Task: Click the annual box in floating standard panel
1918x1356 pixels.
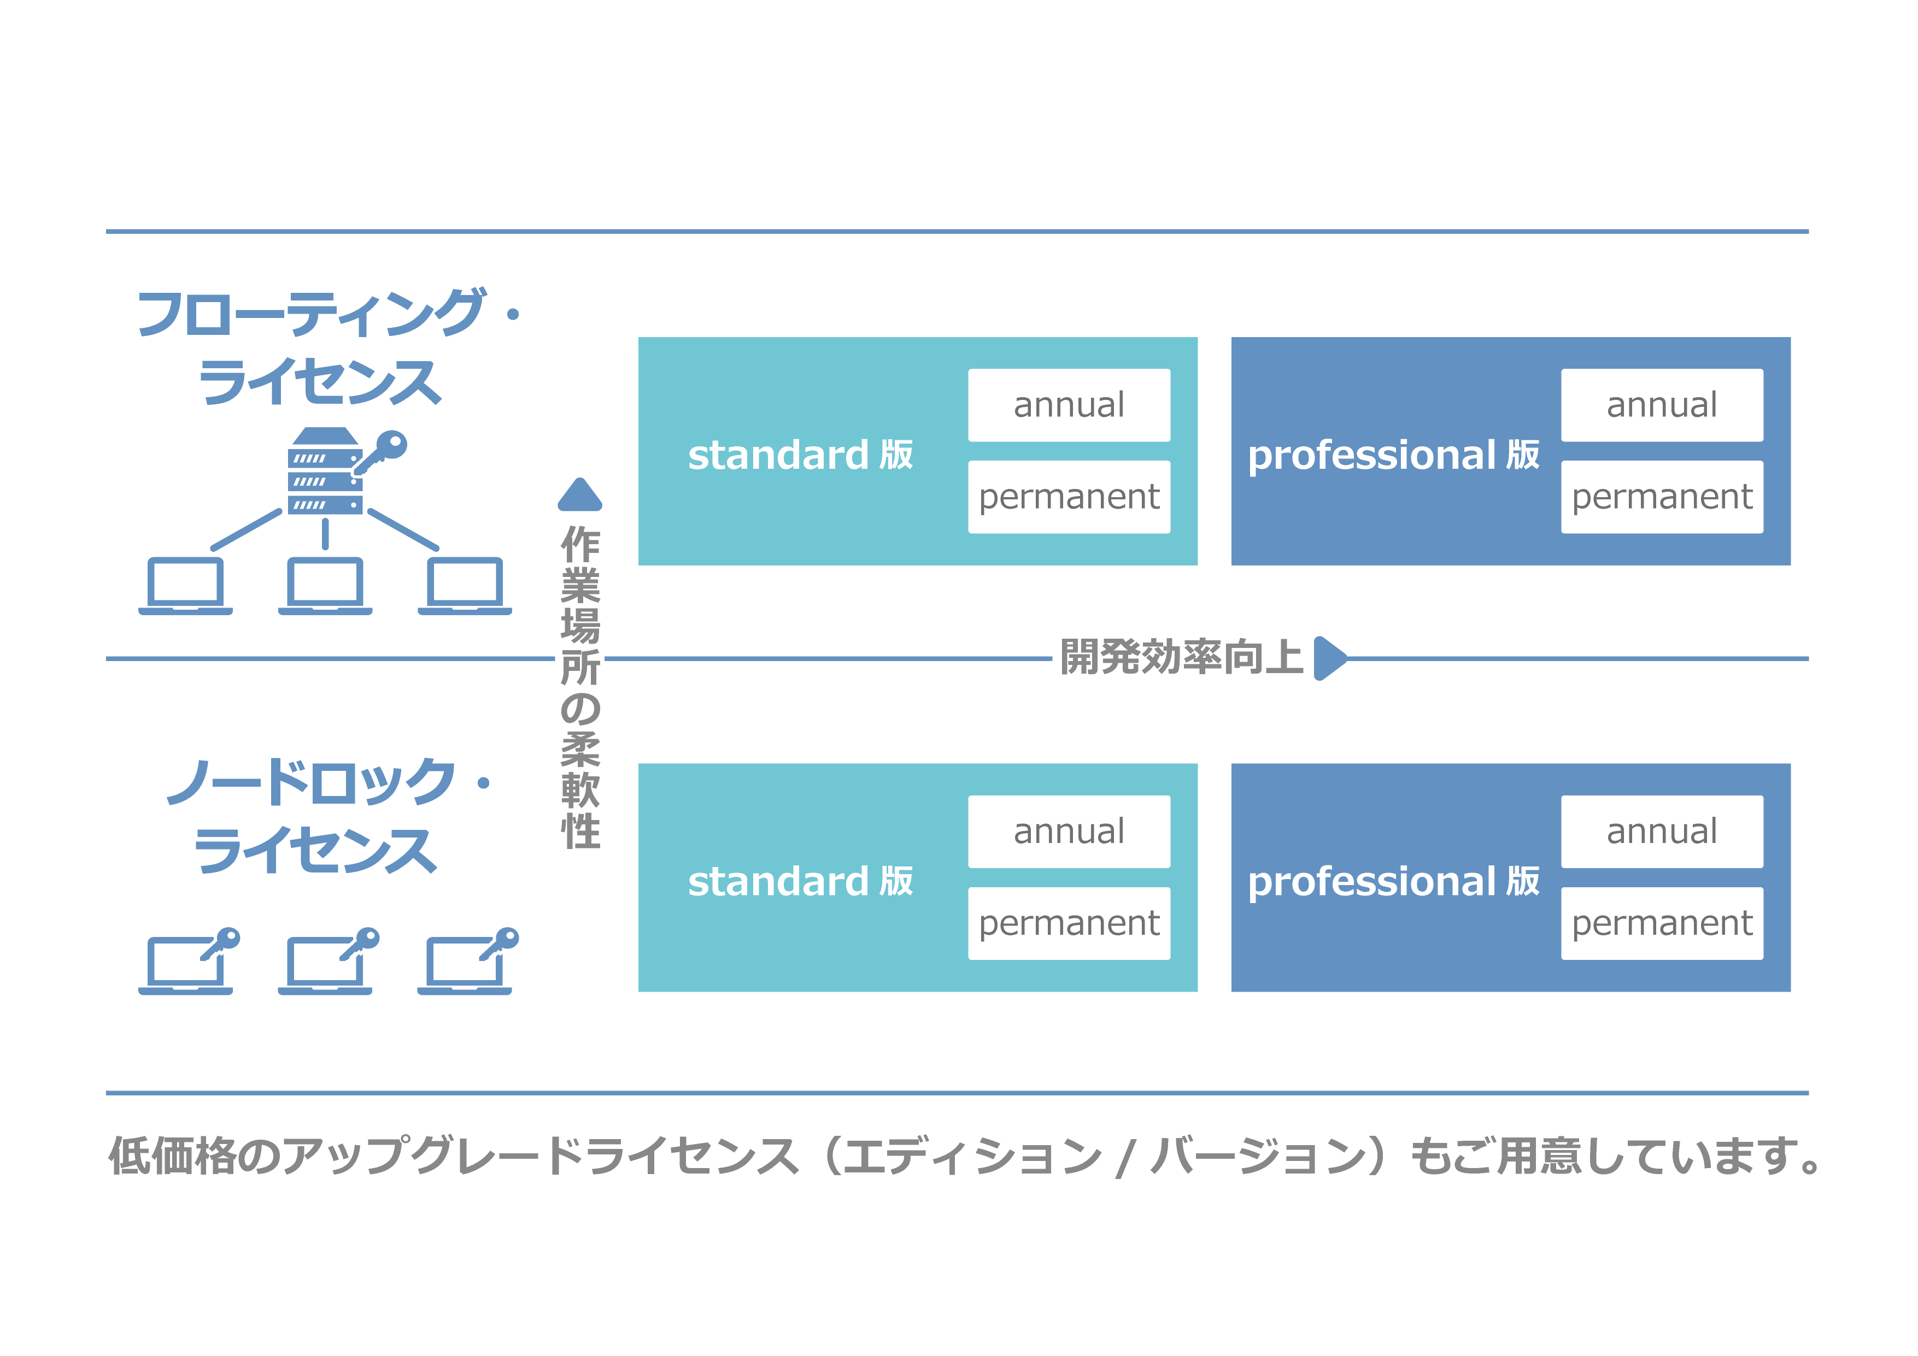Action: pos(1069,405)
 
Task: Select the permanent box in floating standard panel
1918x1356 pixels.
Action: pos(1069,497)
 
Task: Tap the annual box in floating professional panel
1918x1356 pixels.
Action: pos(1662,405)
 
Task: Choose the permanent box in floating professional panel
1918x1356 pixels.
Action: pos(1662,497)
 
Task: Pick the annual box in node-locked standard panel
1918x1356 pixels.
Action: pos(1069,832)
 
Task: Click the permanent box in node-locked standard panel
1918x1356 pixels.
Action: pos(1069,923)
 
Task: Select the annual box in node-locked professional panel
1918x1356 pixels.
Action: pos(1662,832)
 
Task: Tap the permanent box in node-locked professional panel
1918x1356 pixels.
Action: pos(1662,923)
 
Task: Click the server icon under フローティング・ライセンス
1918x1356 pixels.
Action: pos(325,472)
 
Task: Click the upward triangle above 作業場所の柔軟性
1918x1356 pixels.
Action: pos(580,494)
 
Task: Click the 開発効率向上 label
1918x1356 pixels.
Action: pos(1181,657)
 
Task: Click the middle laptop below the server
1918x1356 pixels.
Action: pos(325,586)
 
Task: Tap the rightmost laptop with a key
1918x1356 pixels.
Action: pos(468,962)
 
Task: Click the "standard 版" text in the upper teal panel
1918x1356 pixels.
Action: pos(800,455)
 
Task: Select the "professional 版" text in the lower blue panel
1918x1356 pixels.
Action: pos(1393,882)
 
